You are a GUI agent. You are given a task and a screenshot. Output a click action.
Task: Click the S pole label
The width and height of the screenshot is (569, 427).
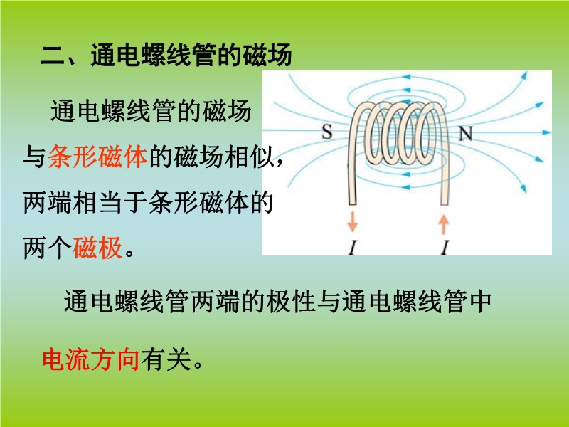327,132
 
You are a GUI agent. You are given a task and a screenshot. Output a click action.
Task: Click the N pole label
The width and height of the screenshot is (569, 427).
466,134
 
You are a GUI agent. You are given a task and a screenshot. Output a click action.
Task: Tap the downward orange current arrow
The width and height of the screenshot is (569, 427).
352,221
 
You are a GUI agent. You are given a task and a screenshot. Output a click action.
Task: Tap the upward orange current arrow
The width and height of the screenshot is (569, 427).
443,224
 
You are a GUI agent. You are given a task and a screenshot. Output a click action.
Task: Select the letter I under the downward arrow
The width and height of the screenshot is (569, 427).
352,248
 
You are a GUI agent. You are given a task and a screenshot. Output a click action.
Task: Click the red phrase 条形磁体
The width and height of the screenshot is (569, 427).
97,157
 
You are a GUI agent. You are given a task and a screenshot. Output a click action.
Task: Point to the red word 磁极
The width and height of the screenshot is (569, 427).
97,248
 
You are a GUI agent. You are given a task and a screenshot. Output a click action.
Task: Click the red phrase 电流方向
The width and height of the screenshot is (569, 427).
91,359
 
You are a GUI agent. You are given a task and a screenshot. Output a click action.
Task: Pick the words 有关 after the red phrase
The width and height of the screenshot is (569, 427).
166,359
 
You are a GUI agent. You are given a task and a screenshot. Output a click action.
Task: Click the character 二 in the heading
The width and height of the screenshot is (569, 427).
53,56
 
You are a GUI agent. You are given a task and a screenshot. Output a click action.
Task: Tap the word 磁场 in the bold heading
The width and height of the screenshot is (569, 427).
267,56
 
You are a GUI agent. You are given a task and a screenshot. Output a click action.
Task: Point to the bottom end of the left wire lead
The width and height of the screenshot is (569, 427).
352,204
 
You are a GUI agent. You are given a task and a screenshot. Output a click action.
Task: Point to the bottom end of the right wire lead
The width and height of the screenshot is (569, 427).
445,204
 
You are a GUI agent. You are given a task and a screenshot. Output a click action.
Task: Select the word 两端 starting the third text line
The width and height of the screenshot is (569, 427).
48,202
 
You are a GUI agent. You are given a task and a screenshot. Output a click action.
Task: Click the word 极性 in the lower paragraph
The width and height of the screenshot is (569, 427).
290,301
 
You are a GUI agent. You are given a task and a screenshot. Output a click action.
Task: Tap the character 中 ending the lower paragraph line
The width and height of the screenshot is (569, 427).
479,301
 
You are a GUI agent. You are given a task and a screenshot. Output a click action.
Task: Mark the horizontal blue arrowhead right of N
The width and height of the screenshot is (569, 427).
546,132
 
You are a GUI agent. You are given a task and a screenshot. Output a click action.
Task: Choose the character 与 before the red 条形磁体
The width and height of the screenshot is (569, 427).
34,157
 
